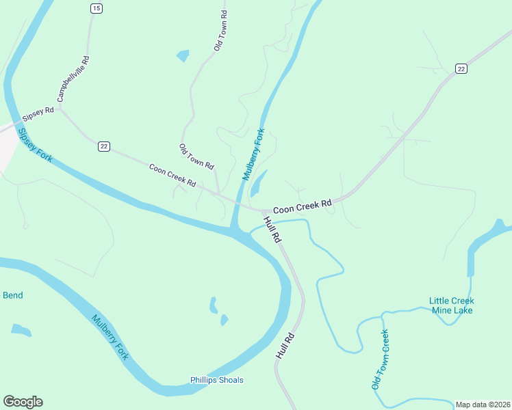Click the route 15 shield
click(96, 8)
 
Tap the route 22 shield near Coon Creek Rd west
click(104, 146)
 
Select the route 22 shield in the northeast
click(461, 68)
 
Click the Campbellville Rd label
click(74, 79)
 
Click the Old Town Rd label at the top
click(220, 31)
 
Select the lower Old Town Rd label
click(196, 157)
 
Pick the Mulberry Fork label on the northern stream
click(253, 154)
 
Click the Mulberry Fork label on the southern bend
click(110, 337)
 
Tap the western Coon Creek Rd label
click(172, 175)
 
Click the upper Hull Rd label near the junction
click(272, 230)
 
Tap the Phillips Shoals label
click(216, 380)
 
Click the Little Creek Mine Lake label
click(452, 305)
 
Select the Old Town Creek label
click(381, 359)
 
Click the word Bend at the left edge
click(13, 295)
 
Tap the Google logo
click(23, 402)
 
